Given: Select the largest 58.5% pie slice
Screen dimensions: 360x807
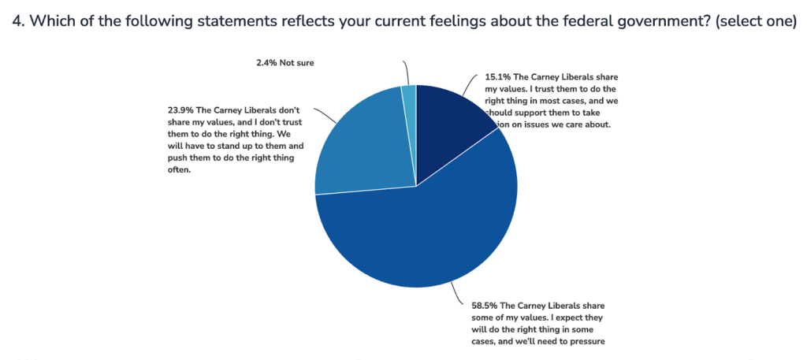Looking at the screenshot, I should pos(426,236).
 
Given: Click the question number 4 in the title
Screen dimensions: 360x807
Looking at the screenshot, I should pos(17,21).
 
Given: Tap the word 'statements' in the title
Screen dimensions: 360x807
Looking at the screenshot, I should pos(215,21).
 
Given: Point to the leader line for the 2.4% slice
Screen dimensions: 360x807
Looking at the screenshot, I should pos(404,72).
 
